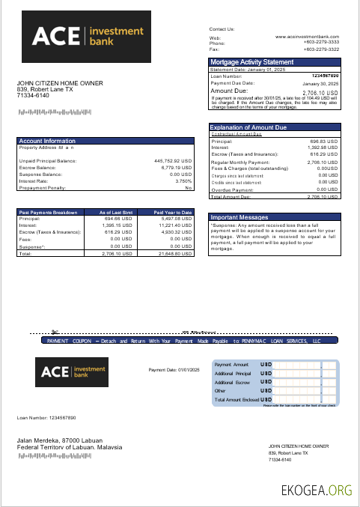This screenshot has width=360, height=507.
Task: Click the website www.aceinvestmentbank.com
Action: pos(307,36)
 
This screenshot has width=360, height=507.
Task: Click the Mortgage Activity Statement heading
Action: pos(251,62)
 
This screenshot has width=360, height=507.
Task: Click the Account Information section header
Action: pos(47,141)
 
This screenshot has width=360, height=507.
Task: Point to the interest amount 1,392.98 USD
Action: pos(322,148)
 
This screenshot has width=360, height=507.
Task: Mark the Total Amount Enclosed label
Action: pos(236,400)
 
